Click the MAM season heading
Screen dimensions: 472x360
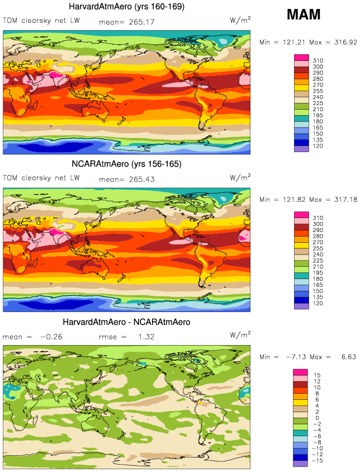(x=304, y=15)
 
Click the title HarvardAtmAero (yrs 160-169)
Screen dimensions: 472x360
(x=126, y=7)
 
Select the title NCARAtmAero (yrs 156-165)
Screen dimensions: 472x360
(x=126, y=164)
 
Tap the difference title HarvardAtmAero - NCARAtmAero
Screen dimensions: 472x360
(x=126, y=322)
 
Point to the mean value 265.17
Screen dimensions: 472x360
(x=142, y=22)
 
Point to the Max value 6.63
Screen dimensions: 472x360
(x=347, y=357)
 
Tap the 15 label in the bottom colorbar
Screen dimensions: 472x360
(x=317, y=375)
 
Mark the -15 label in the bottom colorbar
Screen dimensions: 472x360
(x=319, y=464)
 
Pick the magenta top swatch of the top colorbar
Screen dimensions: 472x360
(x=301, y=57)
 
